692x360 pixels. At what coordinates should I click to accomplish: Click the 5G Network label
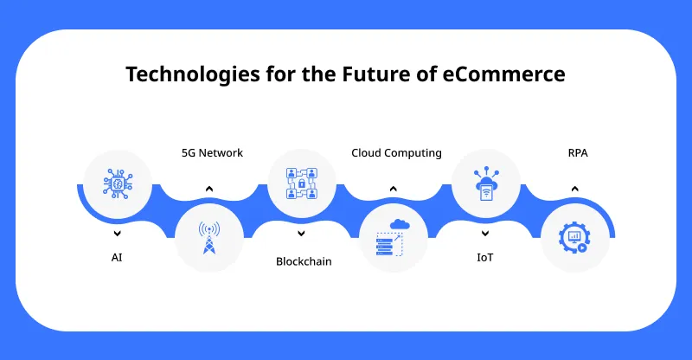tap(212, 153)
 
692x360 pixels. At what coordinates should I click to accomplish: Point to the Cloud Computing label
tap(396, 153)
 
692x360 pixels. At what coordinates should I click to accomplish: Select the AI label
tap(117, 257)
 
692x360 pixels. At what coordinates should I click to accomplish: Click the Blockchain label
tap(304, 260)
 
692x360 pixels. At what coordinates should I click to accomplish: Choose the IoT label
tap(486, 257)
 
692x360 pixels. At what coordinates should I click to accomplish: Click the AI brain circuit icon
tap(117, 183)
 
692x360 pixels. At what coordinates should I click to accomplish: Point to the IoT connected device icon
tap(486, 183)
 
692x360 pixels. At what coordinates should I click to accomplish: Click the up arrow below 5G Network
tap(208, 188)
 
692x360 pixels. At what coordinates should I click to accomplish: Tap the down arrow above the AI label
tap(117, 233)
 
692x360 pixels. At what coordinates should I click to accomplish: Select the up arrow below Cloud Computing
tap(393, 188)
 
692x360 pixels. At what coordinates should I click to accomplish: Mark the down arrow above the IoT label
tap(486, 233)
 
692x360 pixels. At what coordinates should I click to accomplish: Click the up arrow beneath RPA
tap(575, 188)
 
